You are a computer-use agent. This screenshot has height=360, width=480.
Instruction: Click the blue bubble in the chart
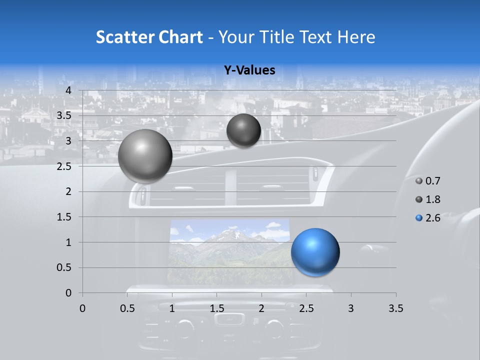(315, 252)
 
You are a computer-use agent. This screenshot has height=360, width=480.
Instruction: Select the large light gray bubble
(145, 156)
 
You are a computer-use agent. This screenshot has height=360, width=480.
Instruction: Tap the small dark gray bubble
(243, 130)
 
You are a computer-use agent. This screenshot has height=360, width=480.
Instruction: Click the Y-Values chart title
(249, 70)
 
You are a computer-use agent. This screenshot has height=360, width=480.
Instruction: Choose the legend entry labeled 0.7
(428, 181)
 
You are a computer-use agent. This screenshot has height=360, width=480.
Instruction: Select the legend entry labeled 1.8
(428, 199)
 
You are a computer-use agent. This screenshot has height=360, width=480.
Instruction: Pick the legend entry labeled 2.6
(428, 218)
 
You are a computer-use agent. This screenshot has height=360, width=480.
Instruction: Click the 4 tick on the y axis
(68, 90)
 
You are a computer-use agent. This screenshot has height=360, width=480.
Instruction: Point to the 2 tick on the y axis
(68, 191)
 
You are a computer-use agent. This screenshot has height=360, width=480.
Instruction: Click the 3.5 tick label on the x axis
(395, 308)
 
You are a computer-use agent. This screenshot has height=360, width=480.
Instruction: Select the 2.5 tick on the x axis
(306, 308)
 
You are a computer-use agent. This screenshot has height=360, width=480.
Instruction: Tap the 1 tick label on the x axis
(172, 308)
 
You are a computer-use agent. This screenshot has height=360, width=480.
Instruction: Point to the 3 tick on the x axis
(351, 308)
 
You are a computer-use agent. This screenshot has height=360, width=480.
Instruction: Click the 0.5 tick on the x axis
(127, 308)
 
